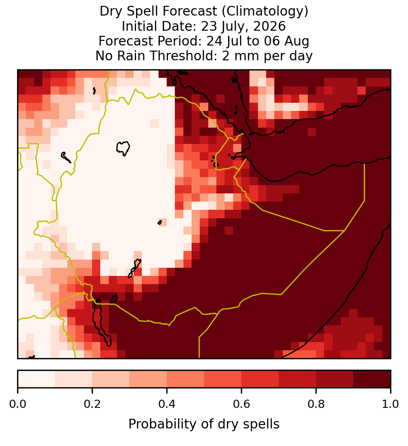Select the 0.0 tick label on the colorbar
(x=17, y=404)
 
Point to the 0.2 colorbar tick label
(x=92, y=404)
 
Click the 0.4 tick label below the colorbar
(x=167, y=404)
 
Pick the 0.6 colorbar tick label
(x=242, y=404)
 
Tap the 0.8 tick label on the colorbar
(x=316, y=404)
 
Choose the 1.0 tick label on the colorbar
(x=391, y=404)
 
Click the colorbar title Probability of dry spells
(x=204, y=424)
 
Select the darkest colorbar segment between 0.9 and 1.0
(x=372, y=379)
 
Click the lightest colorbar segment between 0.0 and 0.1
(x=37, y=379)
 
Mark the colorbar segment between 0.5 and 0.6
(x=223, y=379)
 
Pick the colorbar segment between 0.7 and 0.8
(x=298, y=379)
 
